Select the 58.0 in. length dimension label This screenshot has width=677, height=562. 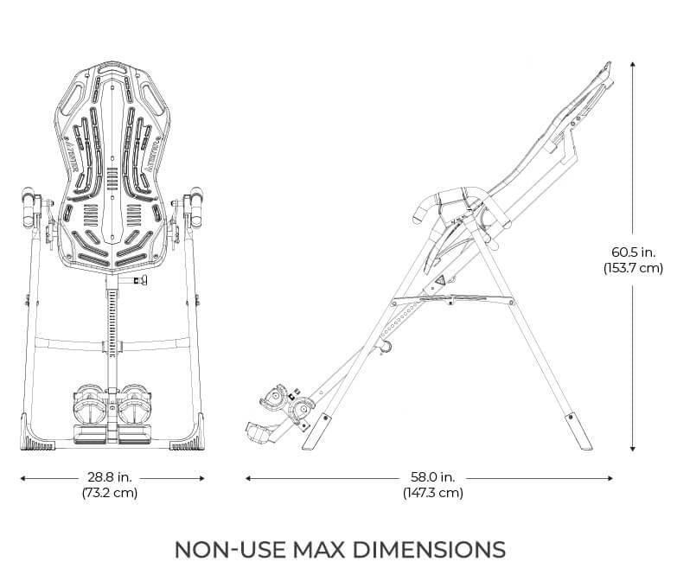(x=432, y=477)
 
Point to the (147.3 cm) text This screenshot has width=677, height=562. (x=432, y=494)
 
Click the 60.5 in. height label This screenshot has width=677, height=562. (x=633, y=252)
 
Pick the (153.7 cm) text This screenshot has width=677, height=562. (x=633, y=268)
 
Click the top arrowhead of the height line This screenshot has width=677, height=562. (x=633, y=64)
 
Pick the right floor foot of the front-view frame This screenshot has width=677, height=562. (x=186, y=444)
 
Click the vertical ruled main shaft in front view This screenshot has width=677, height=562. (x=112, y=337)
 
